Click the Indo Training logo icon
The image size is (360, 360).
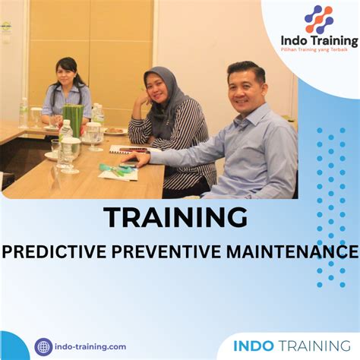[318, 19]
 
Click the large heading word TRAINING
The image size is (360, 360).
[175, 218]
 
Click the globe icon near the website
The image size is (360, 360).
[43, 346]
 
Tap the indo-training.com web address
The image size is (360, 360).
[92, 346]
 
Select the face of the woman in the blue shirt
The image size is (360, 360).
[68, 77]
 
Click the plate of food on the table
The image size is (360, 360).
[116, 131]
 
